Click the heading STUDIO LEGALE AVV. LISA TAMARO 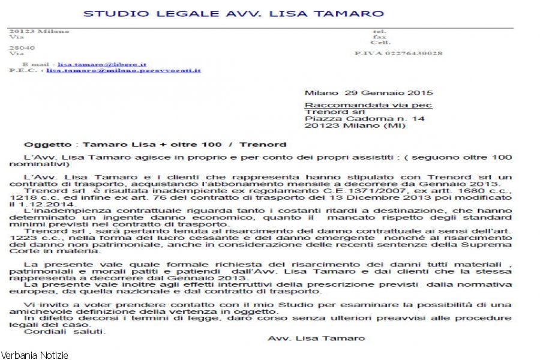pyautogui.click(x=233, y=13)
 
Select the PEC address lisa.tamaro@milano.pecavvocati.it pyautogui.click(x=124, y=70)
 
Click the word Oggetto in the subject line pyautogui.click(x=43, y=145)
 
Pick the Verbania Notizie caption pyautogui.click(x=34, y=355)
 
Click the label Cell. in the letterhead pyautogui.click(x=380, y=43)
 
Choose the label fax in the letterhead pyautogui.click(x=380, y=37)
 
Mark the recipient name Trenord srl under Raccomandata pyautogui.click(x=327, y=112)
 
